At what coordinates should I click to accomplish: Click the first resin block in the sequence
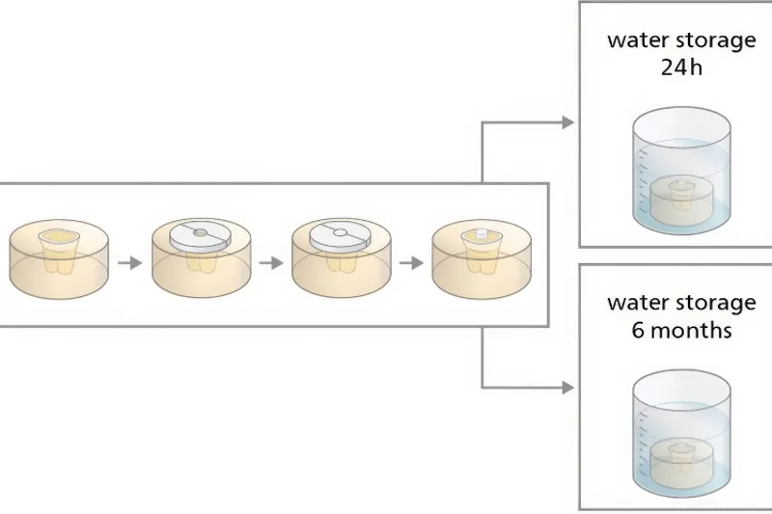pyautogui.click(x=58, y=258)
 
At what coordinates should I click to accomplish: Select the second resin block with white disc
pyautogui.click(x=201, y=258)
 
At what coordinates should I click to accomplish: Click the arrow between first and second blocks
pyautogui.click(x=129, y=261)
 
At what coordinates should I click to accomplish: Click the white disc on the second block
pyautogui.click(x=201, y=234)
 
